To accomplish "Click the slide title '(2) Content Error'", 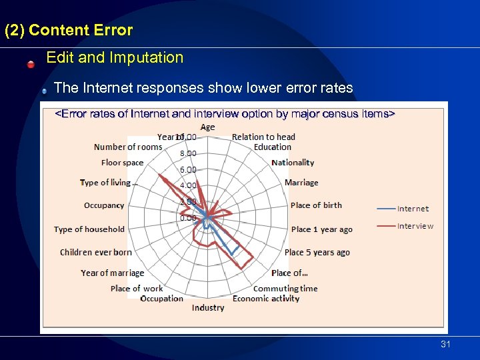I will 69,31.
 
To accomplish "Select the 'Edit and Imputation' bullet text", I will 115,58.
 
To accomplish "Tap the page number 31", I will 446,344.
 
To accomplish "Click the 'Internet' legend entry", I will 413,209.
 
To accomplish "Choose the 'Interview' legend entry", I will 415,226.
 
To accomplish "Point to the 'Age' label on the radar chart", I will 207,127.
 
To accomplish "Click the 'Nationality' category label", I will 293,163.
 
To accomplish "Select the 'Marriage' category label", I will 301,183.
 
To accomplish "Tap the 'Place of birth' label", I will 316,205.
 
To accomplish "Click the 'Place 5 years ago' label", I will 317,253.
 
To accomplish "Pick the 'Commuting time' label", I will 285,289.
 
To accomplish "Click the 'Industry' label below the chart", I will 208,307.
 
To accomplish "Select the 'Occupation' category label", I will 161,299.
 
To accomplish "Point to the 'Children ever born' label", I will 96,253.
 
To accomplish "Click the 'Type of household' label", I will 89,229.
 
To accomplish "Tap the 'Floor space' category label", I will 122,163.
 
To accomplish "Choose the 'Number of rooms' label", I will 128,147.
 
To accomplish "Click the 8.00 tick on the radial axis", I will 187,153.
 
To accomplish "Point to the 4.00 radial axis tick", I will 187,185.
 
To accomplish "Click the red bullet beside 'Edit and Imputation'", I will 31,65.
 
